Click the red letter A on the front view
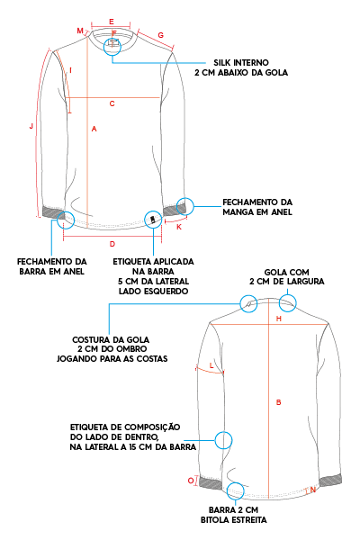(x=94, y=129)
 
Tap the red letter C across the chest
(x=112, y=103)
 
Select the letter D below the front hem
(x=112, y=244)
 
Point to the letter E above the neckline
(x=112, y=22)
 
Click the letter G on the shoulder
(x=161, y=35)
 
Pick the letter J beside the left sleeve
(x=31, y=126)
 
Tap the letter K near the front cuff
(x=179, y=227)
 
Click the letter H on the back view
(x=279, y=319)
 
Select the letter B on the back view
(x=279, y=402)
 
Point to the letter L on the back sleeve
(x=211, y=365)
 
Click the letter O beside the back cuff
(x=191, y=481)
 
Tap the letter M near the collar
(x=80, y=31)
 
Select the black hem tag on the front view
(x=152, y=219)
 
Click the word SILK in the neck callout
(x=222, y=63)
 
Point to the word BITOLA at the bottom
(x=214, y=520)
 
